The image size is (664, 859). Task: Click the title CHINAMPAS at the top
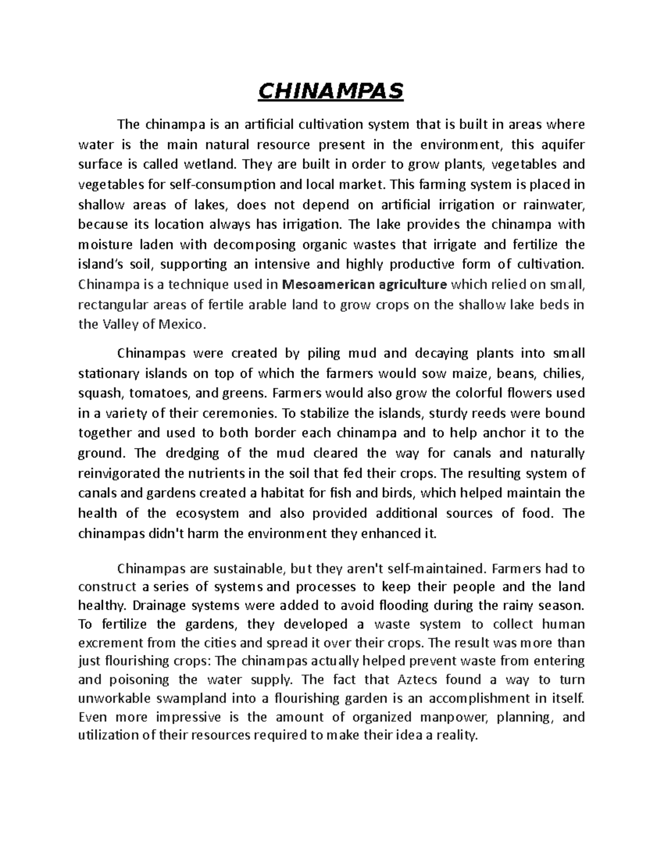coord(332,91)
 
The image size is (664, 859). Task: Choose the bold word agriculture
coord(412,285)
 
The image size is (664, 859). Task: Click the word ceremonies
coord(240,413)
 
